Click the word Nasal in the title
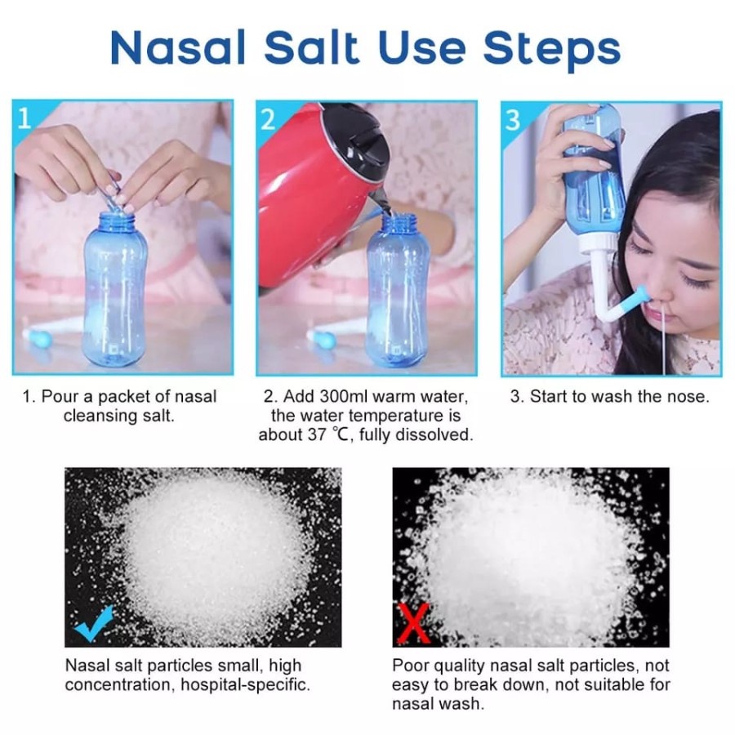click(178, 48)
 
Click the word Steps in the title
click(552, 50)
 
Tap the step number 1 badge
click(24, 118)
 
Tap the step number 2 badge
click(268, 119)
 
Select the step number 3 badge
click(514, 119)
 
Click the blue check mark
click(95, 622)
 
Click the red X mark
click(413, 623)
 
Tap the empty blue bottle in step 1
click(114, 287)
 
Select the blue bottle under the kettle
click(398, 290)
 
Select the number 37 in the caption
click(316, 434)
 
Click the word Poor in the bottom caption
click(409, 666)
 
